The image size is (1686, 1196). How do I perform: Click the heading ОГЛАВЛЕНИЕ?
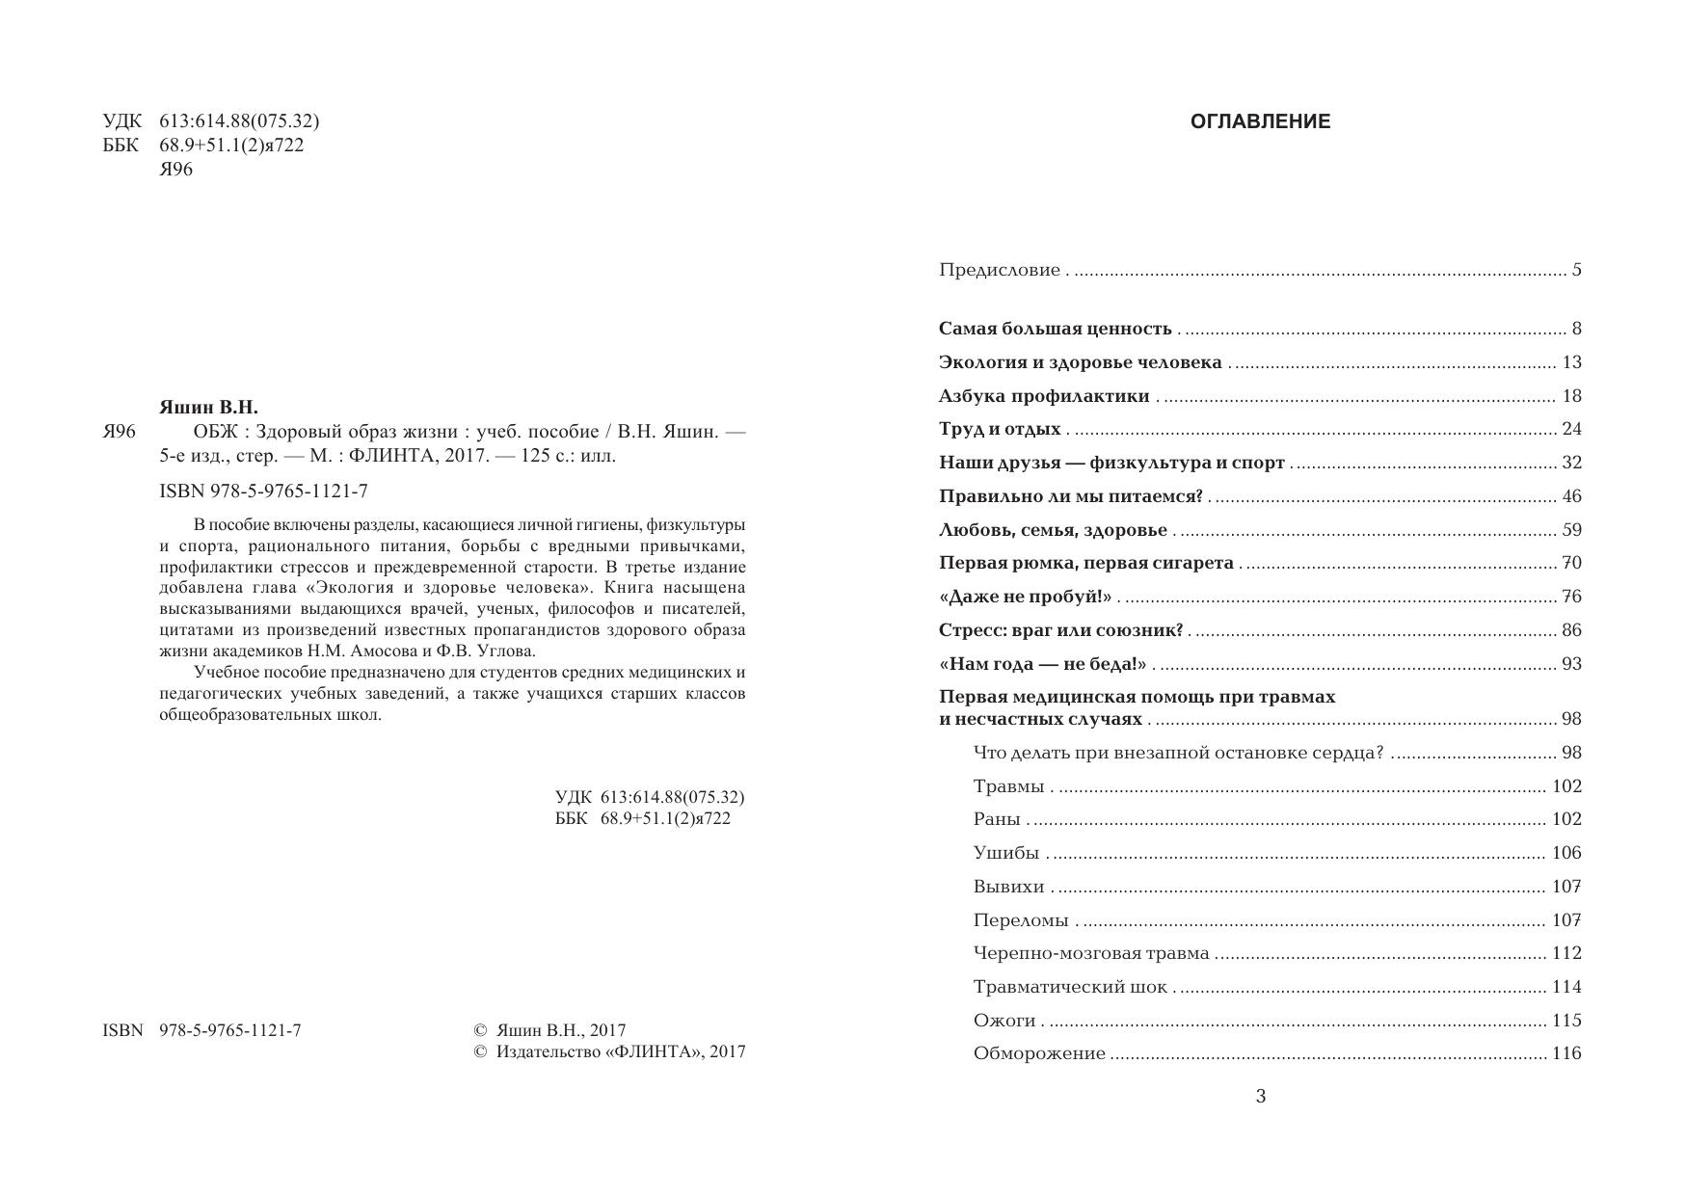click(x=1260, y=121)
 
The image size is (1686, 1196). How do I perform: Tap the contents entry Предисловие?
click(x=999, y=271)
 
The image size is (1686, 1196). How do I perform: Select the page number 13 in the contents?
click(x=1571, y=362)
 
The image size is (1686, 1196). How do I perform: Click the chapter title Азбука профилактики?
click(x=1044, y=396)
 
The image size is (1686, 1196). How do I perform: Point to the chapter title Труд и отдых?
click(x=1000, y=430)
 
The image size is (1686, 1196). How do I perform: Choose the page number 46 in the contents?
click(x=1571, y=496)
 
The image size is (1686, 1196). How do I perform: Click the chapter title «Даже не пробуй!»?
click(x=1025, y=597)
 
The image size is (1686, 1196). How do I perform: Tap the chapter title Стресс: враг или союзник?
click(x=1060, y=630)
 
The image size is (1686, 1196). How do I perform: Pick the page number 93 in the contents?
click(x=1571, y=664)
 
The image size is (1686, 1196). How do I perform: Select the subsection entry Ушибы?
click(x=1006, y=853)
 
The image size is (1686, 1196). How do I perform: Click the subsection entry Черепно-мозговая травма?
click(x=1091, y=953)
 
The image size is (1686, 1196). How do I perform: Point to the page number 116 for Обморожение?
click(x=1566, y=1053)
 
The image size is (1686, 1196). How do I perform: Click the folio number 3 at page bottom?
click(x=1260, y=1096)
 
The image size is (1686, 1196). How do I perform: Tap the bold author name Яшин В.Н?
click(x=208, y=408)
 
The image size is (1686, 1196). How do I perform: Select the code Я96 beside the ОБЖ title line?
click(x=120, y=432)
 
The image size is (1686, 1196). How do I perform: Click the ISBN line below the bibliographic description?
click(x=263, y=492)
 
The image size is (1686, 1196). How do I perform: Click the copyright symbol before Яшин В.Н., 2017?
click(x=481, y=1030)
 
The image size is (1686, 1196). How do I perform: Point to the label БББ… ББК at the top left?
click(x=121, y=146)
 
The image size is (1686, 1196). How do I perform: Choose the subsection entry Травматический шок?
click(x=1070, y=987)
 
